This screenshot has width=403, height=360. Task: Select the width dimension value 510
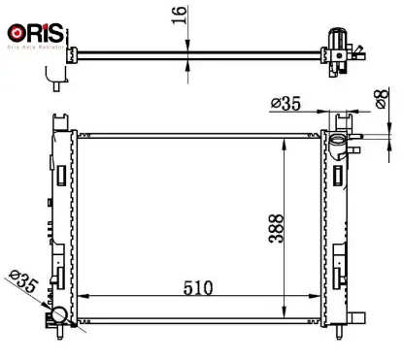click(x=198, y=289)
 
